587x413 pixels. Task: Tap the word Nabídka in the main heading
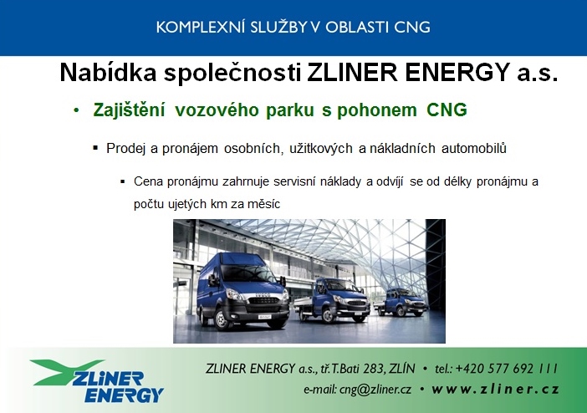[x=108, y=72]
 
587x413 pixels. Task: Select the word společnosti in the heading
[x=232, y=73]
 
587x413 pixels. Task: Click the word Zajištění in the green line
[x=129, y=110]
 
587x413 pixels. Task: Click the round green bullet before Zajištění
[x=77, y=110]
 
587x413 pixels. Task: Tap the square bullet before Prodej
[x=95, y=148]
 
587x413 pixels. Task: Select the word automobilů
[x=474, y=148]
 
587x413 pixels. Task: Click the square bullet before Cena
[x=122, y=181]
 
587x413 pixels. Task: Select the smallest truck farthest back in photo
[x=401, y=302]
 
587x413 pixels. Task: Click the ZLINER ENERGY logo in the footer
[x=97, y=380]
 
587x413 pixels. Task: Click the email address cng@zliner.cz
[x=375, y=390]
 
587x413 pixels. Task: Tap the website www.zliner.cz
[x=495, y=390]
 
